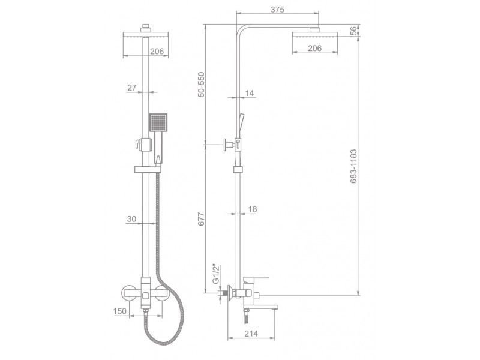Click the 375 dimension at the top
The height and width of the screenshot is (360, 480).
[278, 10]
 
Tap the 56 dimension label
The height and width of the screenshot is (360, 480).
[353, 31]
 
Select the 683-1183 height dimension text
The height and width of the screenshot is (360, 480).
[353, 166]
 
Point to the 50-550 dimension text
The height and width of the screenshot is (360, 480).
[201, 84]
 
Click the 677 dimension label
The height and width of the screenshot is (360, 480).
[201, 219]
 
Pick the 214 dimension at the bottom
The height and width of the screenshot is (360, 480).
[251, 334]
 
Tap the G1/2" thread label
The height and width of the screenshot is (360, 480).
[216, 274]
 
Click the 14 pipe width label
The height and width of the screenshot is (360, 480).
[250, 93]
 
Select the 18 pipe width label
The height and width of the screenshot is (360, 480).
[252, 209]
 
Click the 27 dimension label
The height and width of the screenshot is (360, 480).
[131, 88]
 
